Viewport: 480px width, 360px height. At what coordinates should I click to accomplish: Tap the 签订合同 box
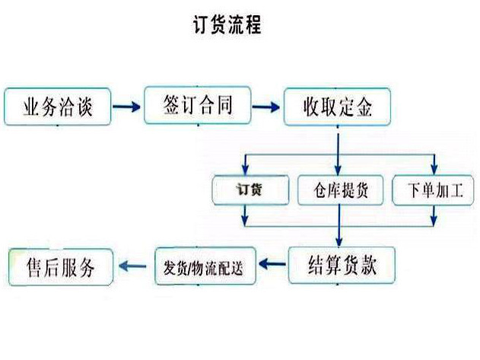click(196, 106)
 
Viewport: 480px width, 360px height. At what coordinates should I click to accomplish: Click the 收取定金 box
click(338, 107)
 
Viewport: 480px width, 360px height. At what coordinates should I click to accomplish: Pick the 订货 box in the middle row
click(250, 190)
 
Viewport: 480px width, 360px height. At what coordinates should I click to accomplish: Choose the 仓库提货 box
click(339, 190)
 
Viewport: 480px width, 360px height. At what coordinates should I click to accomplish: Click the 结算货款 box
click(342, 264)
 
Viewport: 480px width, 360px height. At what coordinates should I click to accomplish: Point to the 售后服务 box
click(60, 267)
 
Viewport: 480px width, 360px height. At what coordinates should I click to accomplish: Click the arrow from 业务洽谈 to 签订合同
click(127, 107)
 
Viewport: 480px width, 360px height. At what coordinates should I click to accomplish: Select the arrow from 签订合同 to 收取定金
click(268, 107)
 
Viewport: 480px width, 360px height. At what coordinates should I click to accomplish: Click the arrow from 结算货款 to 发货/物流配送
click(272, 265)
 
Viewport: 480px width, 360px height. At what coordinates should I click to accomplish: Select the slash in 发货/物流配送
click(198, 267)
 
